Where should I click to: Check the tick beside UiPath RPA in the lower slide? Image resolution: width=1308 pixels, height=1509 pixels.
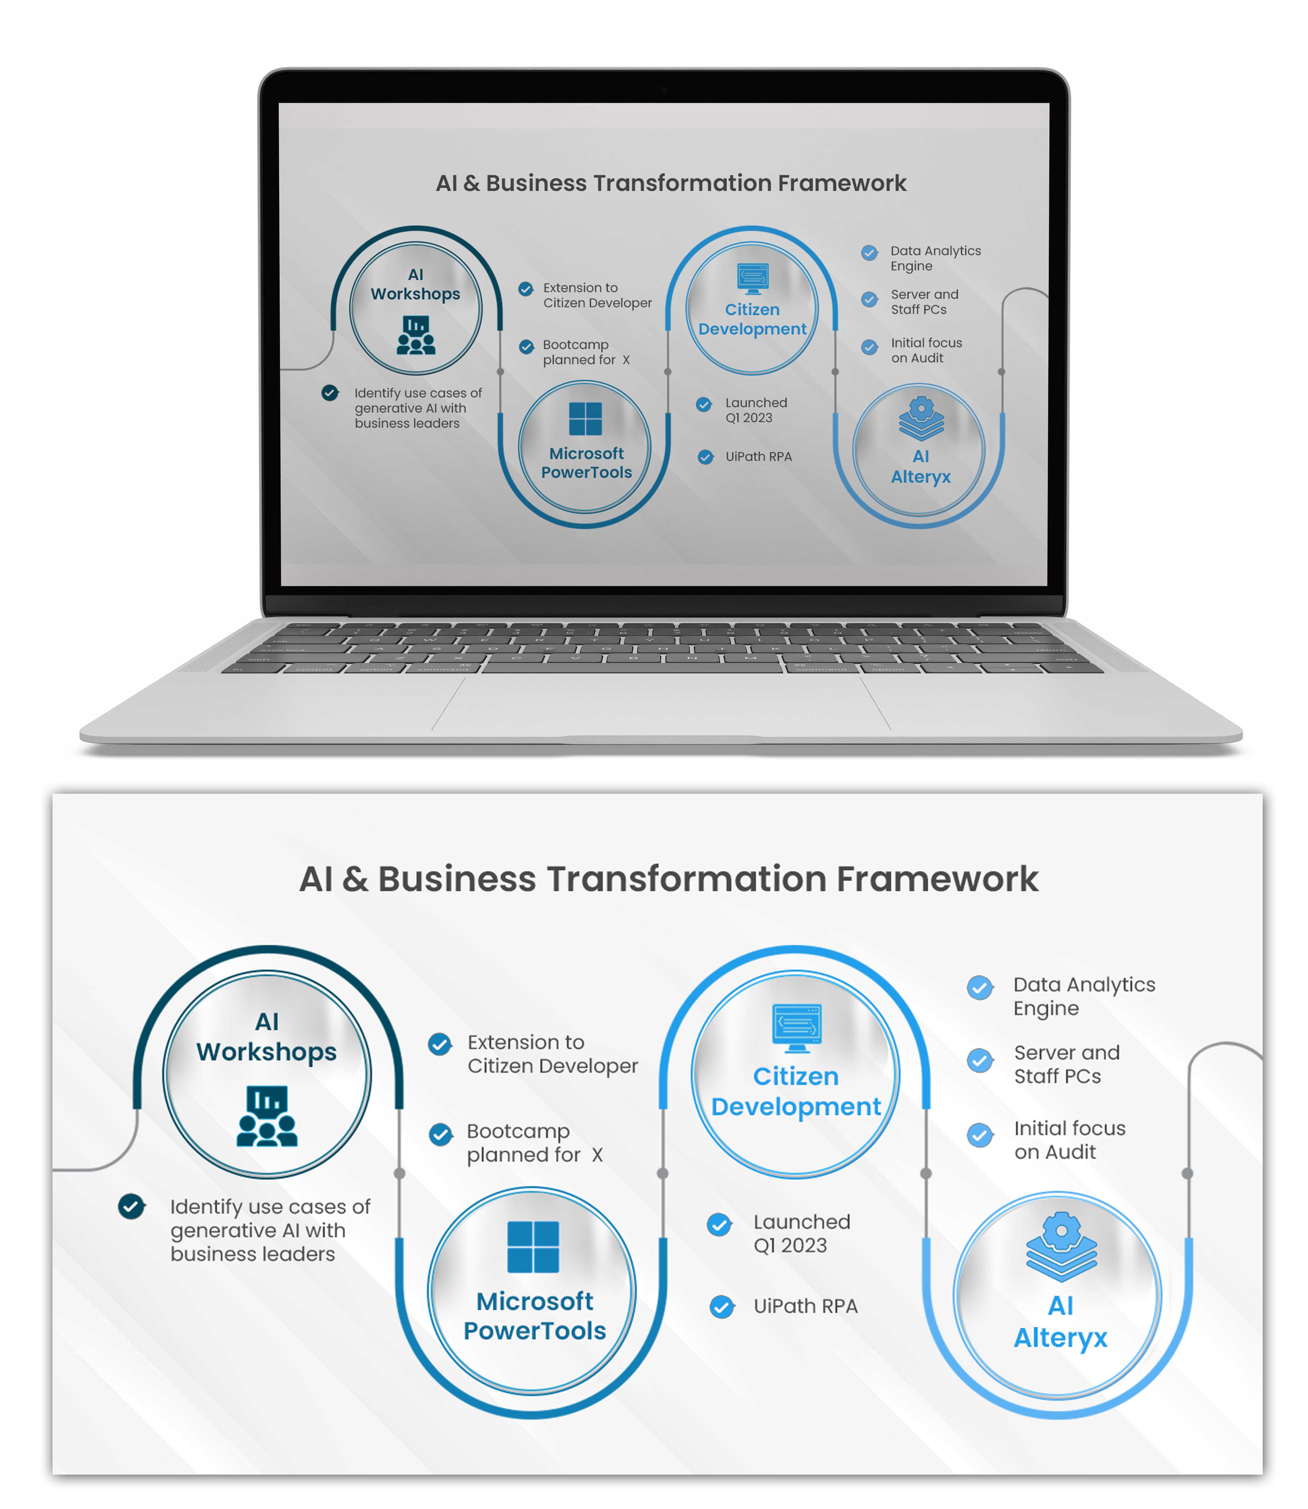tap(722, 1307)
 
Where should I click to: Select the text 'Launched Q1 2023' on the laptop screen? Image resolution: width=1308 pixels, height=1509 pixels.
tap(756, 410)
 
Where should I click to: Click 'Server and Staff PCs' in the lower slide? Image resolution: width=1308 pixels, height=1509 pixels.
tap(1066, 1064)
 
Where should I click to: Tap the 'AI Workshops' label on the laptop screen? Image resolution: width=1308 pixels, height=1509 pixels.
tap(415, 285)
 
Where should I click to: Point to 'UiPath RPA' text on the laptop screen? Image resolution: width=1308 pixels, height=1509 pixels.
tap(758, 457)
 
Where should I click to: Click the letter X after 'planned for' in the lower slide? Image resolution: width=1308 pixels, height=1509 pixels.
tap(597, 1155)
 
